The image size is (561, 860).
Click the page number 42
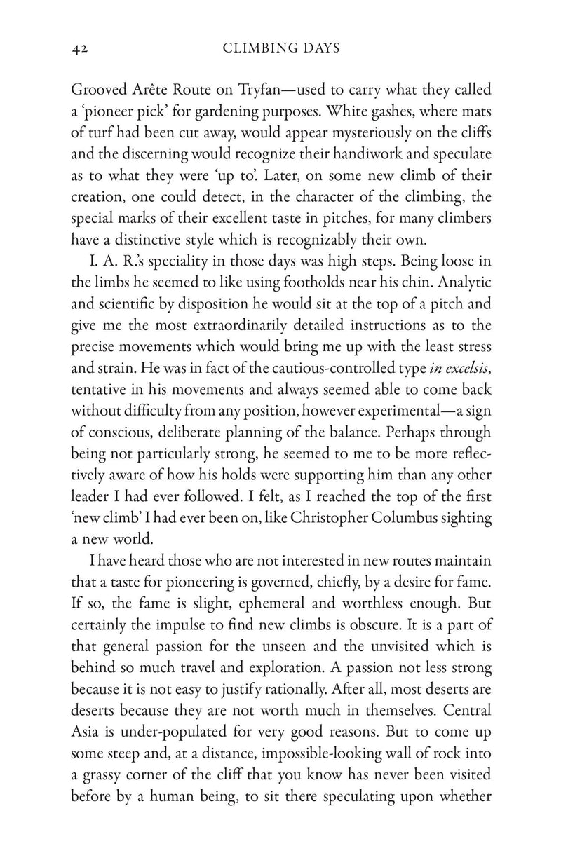coord(78,49)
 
